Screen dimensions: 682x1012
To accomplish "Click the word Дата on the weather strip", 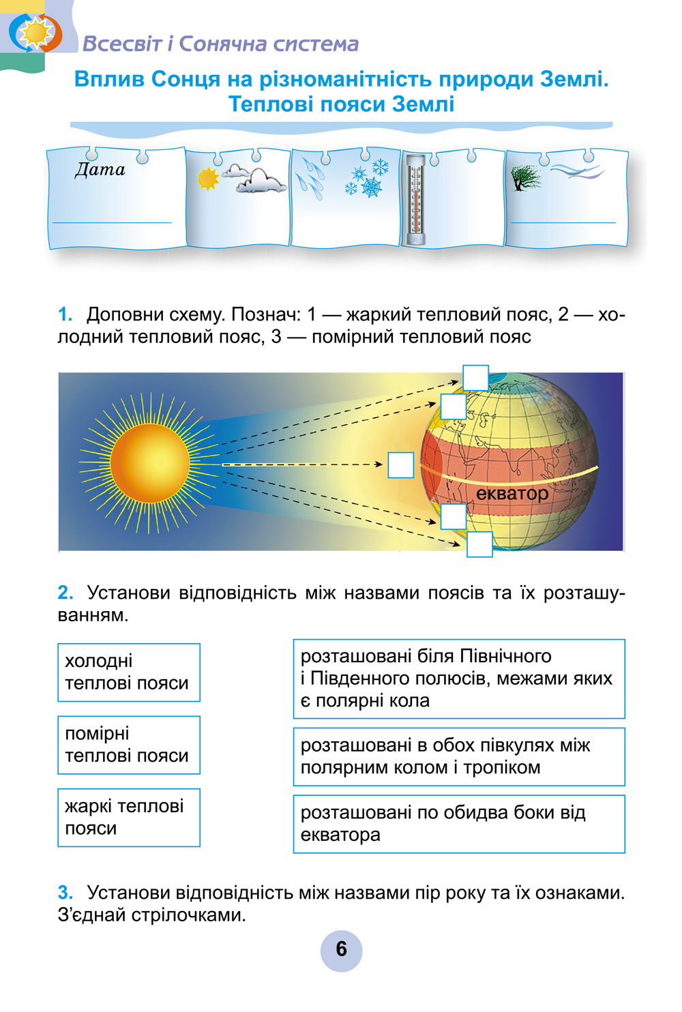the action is pos(100,169).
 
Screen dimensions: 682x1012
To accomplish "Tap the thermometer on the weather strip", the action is pos(416,200).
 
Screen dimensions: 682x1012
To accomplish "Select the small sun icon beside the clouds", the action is pos(208,179).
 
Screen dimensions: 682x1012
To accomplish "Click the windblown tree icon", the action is pos(525,177).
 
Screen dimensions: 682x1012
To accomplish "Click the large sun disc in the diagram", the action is pos(149,463).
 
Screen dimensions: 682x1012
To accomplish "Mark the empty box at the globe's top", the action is pos(476,378).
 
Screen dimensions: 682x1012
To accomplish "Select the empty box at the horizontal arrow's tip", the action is pos(401,465).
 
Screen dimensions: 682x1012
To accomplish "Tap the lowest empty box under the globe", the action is pos(479,544).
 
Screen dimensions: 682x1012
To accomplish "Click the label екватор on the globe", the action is pos(512,494).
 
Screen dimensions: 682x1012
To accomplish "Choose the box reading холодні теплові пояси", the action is pos(129,672).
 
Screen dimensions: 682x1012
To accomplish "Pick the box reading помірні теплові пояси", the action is pos(129,745).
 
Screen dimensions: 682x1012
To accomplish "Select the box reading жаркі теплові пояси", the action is pos(129,818).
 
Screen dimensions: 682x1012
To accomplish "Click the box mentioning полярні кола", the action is pos(459,679).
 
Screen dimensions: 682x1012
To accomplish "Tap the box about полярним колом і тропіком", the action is pos(459,757).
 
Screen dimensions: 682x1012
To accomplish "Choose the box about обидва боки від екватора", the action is pos(459,824).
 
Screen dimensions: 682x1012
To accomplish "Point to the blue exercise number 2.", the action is pos(65,593).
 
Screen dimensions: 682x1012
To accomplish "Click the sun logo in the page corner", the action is pos(35,33).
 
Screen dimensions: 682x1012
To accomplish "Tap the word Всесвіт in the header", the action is pos(123,44).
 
